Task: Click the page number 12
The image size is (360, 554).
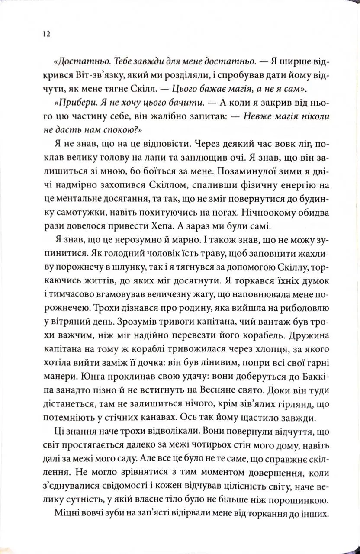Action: pyautogui.click(x=45, y=35)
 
